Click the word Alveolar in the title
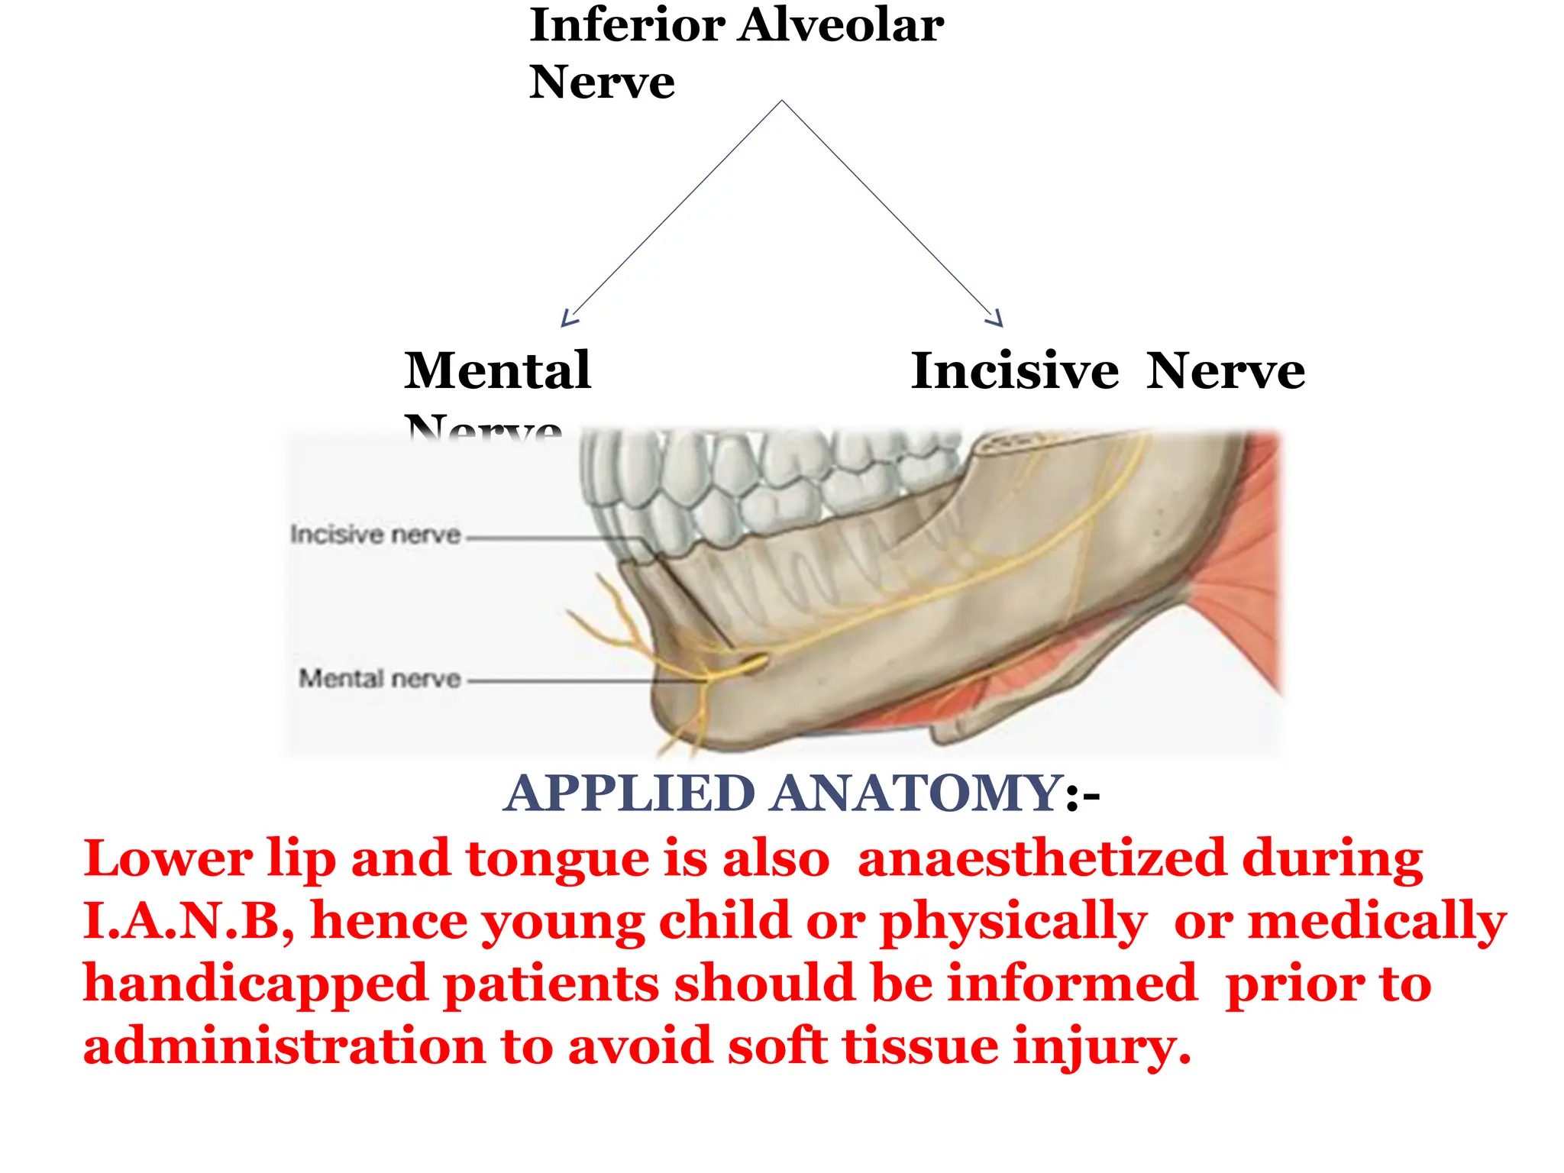841,26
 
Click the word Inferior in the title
626,26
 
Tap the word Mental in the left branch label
497,371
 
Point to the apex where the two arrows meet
781,101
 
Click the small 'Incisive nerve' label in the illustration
375,535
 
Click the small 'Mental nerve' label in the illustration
380,678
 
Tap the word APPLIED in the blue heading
631,793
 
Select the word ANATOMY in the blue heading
915,793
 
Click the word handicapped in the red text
254,985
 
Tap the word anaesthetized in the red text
1041,858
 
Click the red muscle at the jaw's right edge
1245,596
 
